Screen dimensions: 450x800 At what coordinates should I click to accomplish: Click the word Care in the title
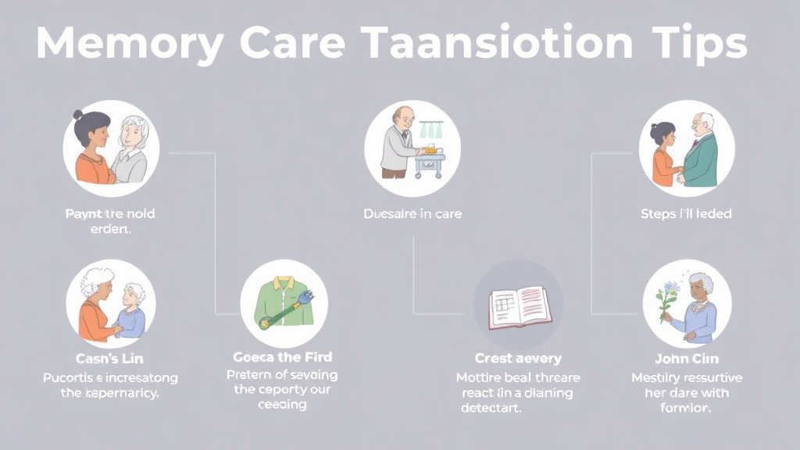pyautogui.click(x=290, y=44)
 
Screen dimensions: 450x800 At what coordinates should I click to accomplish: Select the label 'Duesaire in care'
pyautogui.click(x=412, y=213)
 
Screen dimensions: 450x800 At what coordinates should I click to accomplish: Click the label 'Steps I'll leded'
pyautogui.click(x=686, y=213)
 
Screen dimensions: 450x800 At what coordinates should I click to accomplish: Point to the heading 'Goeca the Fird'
pyautogui.click(x=283, y=357)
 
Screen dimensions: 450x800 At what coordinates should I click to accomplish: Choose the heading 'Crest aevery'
pyautogui.click(x=518, y=359)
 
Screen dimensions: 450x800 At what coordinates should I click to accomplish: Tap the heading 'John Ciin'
pyautogui.click(x=687, y=359)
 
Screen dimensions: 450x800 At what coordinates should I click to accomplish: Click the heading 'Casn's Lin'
pyautogui.click(x=109, y=359)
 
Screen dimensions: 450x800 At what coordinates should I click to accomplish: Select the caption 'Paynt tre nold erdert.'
pyautogui.click(x=109, y=221)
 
